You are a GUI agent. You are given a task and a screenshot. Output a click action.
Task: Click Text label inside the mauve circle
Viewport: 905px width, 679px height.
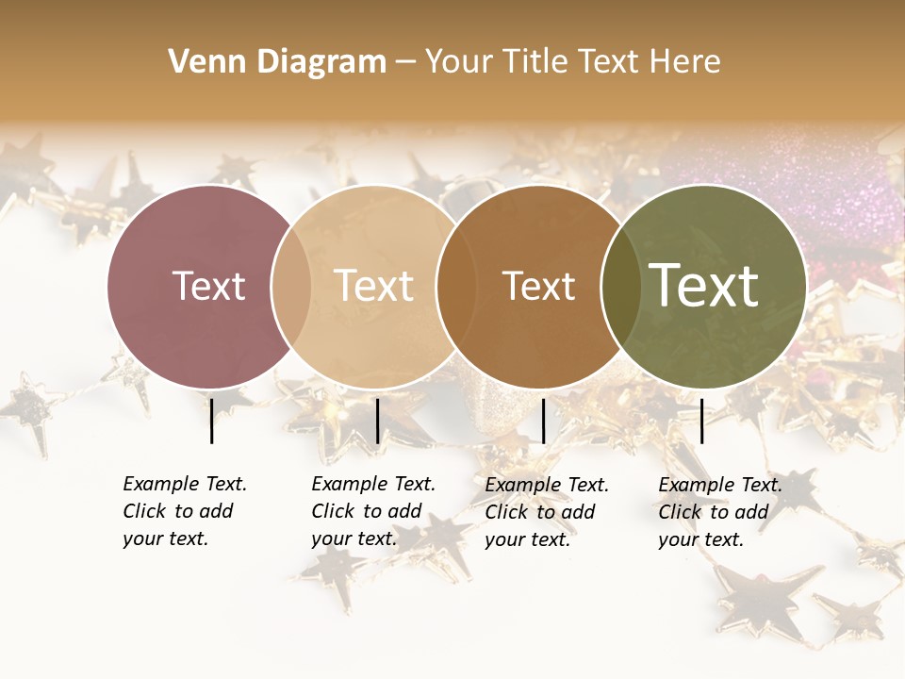(208, 287)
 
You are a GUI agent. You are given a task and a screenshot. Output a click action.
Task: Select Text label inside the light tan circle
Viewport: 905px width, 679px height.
(373, 287)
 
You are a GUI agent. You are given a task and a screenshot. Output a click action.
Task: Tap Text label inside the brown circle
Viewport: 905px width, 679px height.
(538, 287)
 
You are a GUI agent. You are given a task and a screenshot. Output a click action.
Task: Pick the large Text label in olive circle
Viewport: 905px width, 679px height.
(704, 286)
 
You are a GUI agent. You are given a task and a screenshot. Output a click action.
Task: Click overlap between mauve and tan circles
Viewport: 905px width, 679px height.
(291, 287)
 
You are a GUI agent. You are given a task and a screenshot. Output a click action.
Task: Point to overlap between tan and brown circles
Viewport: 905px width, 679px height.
(453, 287)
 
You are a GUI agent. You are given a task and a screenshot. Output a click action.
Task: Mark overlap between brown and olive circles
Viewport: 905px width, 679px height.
(618, 287)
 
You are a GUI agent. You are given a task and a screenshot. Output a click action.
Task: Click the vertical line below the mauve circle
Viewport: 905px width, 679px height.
(211, 421)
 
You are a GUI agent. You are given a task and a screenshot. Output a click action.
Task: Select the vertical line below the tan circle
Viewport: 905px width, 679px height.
(377, 421)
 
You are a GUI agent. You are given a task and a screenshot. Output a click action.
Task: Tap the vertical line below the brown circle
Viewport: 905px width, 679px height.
(543, 421)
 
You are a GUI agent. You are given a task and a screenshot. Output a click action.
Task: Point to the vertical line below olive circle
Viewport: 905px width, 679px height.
(701, 421)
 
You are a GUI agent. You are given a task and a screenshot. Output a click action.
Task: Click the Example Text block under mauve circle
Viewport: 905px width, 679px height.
(184, 511)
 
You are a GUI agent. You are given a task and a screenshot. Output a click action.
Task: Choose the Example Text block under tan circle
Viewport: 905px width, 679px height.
(372, 511)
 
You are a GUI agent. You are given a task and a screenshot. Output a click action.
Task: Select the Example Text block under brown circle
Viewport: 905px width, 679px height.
(546, 512)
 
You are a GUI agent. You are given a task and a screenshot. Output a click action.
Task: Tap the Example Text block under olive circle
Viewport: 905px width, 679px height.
(719, 512)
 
